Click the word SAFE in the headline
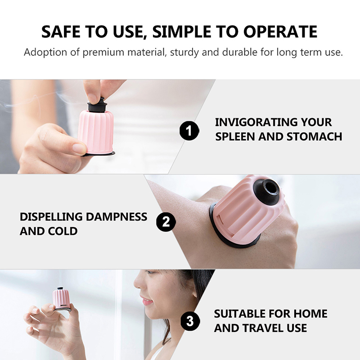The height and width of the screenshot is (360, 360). click(x=61, y=31)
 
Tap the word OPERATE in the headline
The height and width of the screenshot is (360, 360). click(x=280, y=31)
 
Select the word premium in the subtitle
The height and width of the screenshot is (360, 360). click(x=103, y=53)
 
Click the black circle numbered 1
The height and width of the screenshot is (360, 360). click(x=189, y=130)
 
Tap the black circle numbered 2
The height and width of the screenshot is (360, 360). click(x=166, y=222)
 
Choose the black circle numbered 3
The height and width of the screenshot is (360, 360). click(x=190, y=321)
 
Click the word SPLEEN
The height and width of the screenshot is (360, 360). click(x=235, y=137)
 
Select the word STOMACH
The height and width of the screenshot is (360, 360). click(x=314, y=137)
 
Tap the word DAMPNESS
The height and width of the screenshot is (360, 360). click(x=117, y=217)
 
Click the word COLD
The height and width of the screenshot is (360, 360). click(x=63, y=231)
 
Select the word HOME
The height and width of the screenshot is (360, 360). click(x=310, y=314)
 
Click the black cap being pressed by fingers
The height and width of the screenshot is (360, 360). click(x=97, y=105)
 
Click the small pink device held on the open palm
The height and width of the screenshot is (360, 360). click(x=61, y=299)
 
